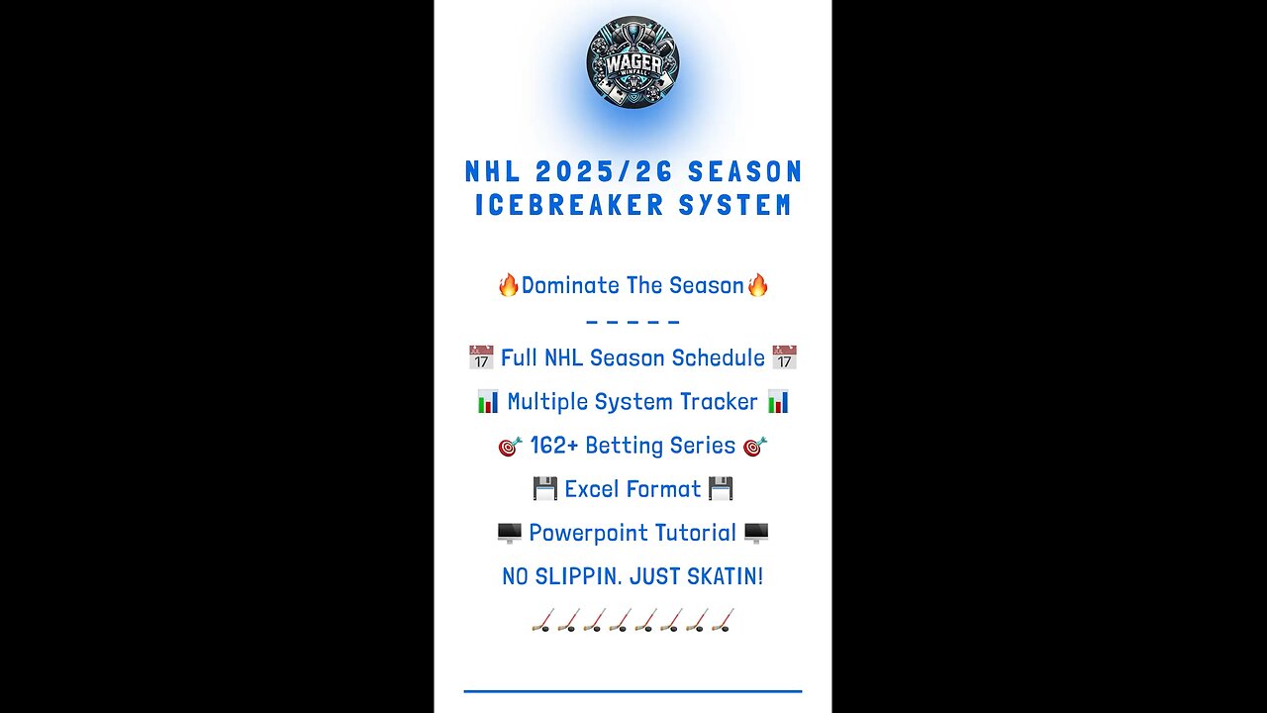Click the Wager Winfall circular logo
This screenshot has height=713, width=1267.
point(633,61)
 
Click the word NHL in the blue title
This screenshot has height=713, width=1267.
point(494,172)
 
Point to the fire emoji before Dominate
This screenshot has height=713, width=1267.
point(509,286)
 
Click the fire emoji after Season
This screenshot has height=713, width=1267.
point(757,286)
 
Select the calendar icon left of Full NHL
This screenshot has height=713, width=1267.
point(481,357)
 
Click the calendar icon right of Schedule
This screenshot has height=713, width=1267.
point(785,357)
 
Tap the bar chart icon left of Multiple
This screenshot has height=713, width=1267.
point(488,402)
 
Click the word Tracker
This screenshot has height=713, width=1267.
point(720,402)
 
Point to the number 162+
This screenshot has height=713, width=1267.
point(553,446)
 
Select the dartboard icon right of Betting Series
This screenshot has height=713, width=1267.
point(754,447)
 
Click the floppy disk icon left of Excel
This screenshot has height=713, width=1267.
point(545,489)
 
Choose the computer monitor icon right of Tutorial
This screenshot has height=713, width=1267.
point(756,534)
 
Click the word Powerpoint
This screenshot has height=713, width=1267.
point(581,533)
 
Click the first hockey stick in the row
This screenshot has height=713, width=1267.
point(542,621)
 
